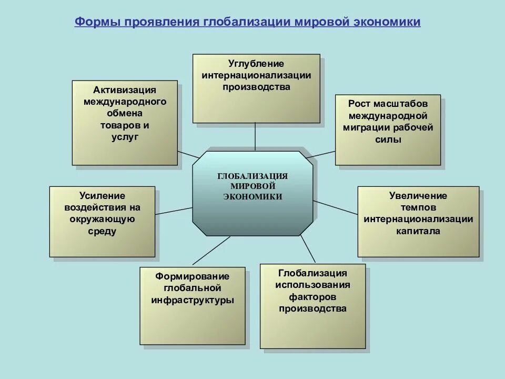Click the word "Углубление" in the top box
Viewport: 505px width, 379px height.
pos(256,64)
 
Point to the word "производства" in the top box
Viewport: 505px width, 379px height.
pos(256,87)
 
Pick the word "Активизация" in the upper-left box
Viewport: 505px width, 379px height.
pos(125,89)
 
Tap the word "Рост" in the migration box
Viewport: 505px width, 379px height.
pos(359,104)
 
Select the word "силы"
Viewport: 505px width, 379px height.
pos(388,139)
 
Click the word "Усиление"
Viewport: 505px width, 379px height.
pos(103,196)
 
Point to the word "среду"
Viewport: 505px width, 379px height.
pos(103,231)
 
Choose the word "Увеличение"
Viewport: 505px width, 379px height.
pos(418,196)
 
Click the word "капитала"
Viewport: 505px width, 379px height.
pos(418,231)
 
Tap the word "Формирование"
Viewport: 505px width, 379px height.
pos(192,276)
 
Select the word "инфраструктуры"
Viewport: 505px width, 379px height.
pos(192,300)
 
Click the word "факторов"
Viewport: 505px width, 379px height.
pos(312,297)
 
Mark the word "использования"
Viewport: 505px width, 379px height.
pos(312,285)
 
